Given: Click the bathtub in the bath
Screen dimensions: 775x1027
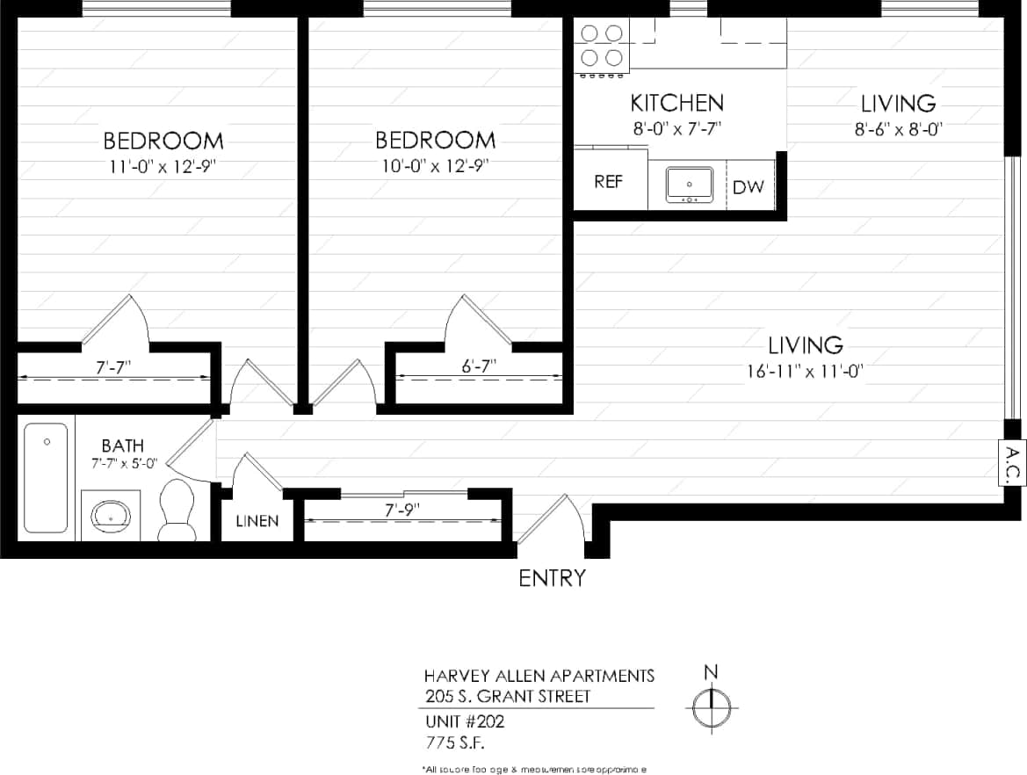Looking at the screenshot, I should [45, 477].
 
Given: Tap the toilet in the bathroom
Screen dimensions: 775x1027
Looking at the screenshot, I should [178, 511].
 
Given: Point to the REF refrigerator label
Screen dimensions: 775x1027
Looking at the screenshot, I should [609, 182].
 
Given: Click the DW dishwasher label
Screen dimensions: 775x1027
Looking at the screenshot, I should [749, 186].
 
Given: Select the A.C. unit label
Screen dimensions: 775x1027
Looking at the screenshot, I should [1012, 463].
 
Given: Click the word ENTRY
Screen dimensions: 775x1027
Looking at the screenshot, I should [552, 578].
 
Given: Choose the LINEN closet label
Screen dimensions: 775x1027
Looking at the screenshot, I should [257, 521].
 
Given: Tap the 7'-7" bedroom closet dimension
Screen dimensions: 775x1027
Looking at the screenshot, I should [114, 366].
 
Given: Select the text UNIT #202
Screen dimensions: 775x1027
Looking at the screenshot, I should [464, 722].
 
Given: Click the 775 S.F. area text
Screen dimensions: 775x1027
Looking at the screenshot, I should [455, 742].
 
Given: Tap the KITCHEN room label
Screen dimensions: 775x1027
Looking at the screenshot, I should [676, 103].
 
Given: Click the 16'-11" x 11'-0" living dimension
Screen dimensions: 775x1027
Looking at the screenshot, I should [805, 370].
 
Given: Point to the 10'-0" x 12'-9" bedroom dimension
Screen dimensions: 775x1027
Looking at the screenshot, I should [435, 165].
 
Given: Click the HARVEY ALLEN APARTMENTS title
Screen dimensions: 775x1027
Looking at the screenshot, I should [539, 676].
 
